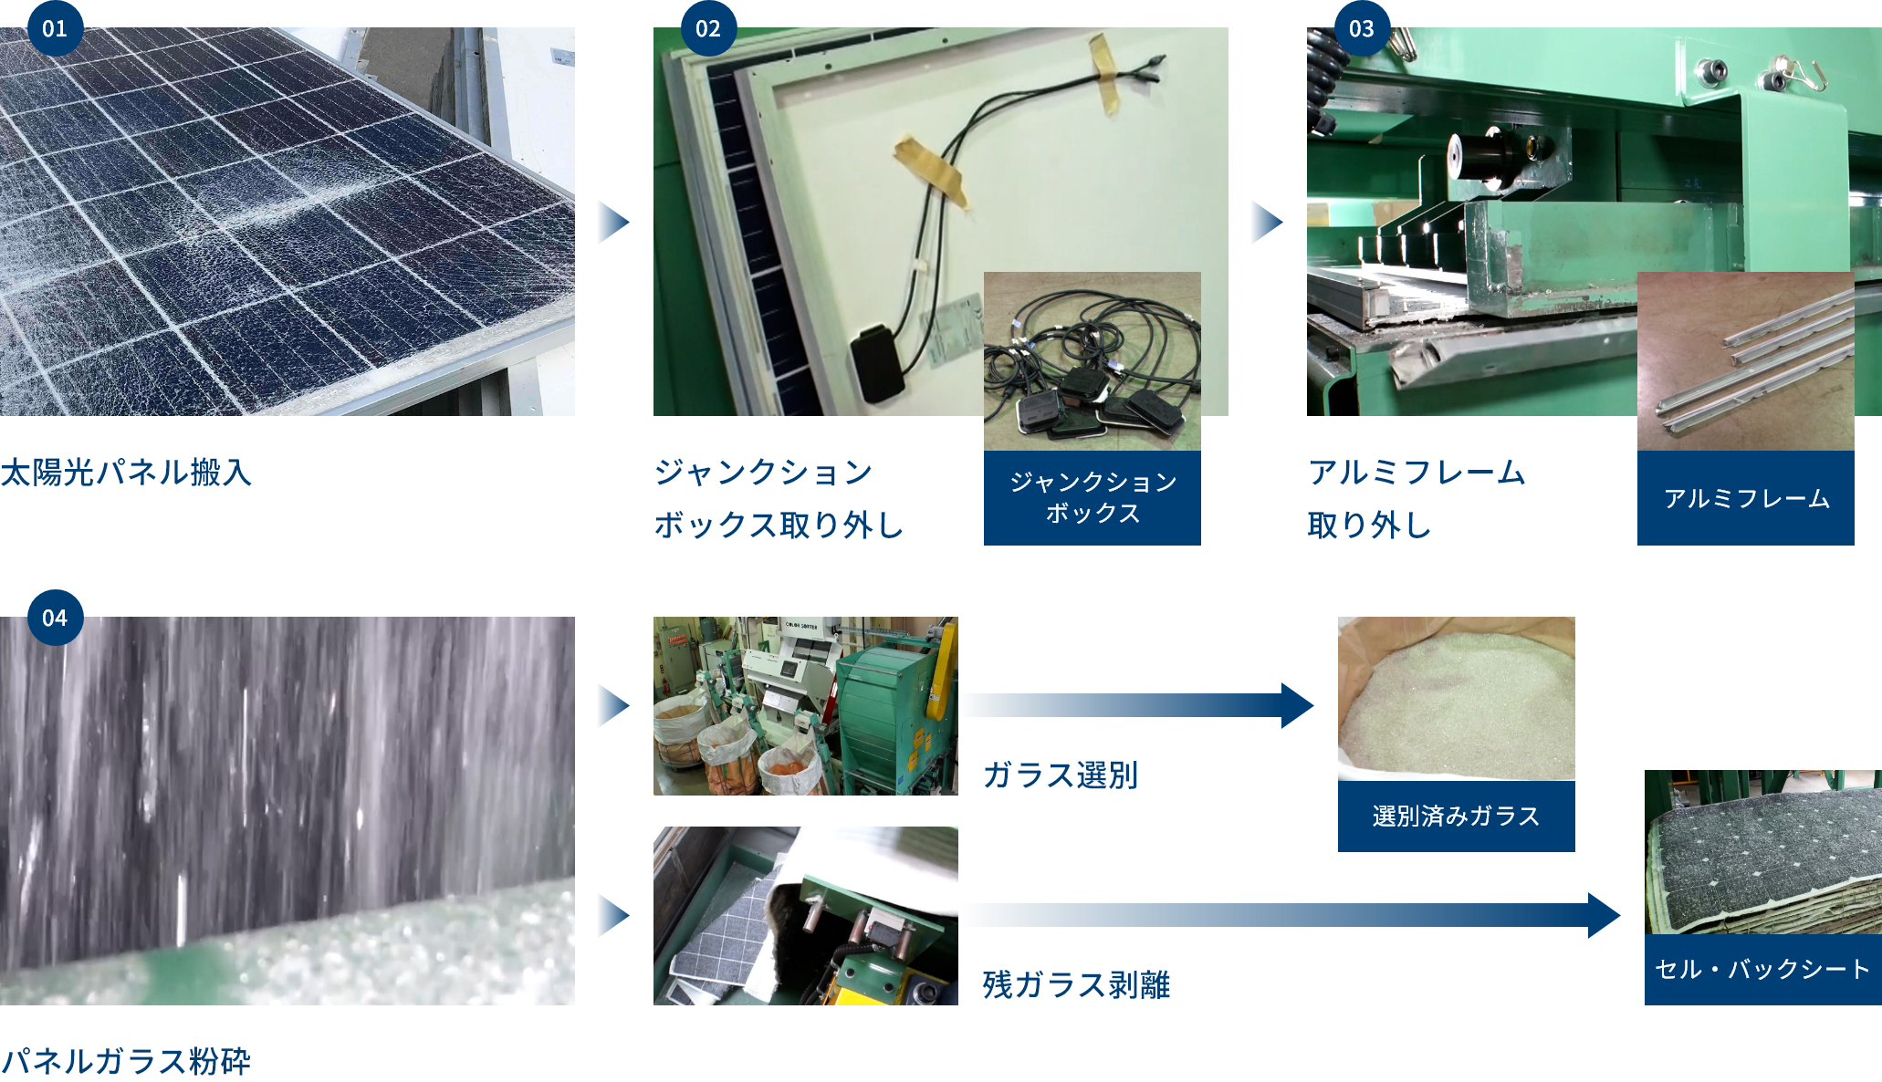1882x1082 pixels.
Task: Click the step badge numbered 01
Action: coord(55,28)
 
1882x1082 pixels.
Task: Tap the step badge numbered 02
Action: coord(708,28)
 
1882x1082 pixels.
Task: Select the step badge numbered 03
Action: coord(1362,28)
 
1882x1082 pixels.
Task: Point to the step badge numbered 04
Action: coord(55,618)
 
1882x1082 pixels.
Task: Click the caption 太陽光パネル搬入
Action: coord(126,473)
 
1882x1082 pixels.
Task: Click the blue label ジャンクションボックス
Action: coord(1093,498)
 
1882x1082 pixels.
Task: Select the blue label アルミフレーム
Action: coord(1746,498)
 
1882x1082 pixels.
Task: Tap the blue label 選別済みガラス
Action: coord(1457,816)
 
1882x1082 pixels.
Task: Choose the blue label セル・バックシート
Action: coord(1763,969)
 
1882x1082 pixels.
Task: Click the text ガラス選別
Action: coord(1061,775)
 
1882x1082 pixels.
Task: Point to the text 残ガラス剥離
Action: coord(1077,985)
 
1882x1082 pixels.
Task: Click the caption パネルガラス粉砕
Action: coord(126,1062)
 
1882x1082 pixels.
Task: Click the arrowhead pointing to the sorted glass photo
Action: coord(1297,705)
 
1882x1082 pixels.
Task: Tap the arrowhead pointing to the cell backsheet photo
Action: coord(1604,915)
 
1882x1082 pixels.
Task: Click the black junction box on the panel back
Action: coord(878,364)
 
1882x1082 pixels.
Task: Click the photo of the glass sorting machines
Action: coord(806,706)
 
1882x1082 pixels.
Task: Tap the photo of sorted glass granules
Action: coord(1457,699)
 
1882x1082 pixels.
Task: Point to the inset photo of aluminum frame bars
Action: coord(1746,361)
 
